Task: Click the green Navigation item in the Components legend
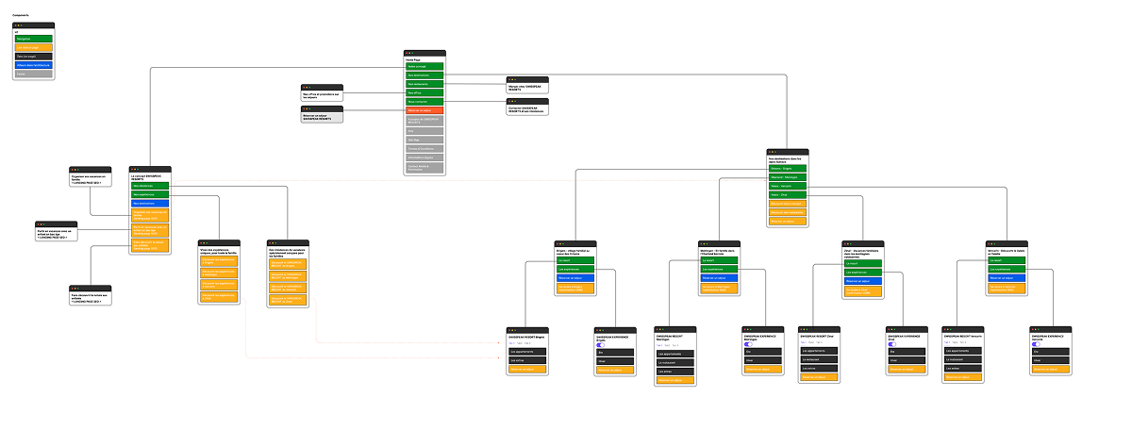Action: (34, 39)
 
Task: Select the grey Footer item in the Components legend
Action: (34, 73)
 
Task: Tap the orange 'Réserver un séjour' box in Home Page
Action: (424, 110)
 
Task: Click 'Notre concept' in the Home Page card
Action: (424, 67)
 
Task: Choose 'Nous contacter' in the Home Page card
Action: (424, 101)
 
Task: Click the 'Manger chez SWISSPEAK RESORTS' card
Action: (527, 86)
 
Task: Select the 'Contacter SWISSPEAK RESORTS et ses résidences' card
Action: (527, 109)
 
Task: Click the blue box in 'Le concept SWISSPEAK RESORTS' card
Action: (151, 203)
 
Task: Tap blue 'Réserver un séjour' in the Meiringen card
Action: (721, 279)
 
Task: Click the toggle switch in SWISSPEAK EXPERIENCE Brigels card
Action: (601, 344)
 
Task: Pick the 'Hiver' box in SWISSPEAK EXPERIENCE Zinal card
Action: (907, 360)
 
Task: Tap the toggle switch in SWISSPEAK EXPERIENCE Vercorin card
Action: (1036, 344)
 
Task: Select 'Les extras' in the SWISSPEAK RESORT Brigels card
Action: (527, 360)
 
